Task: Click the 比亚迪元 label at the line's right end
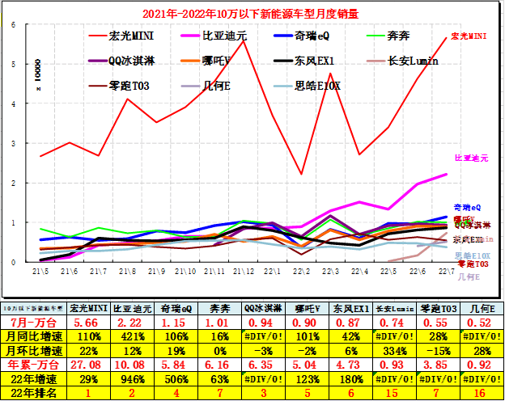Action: click(471, 158)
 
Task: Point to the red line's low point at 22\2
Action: click(301, 174)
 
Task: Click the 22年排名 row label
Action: click(33, 393)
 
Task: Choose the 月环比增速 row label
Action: click(33, 350)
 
